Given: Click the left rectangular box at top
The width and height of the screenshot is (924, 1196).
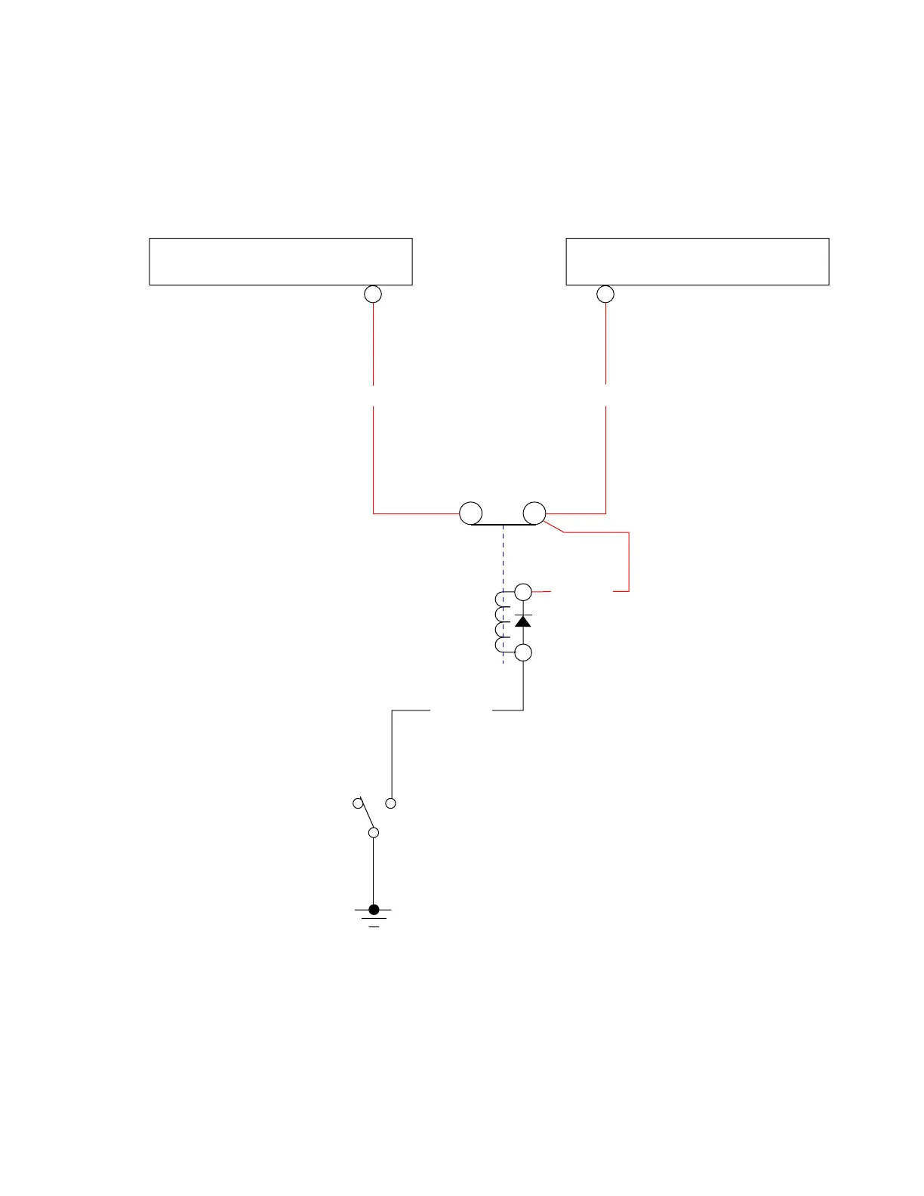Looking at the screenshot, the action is coord(281,261).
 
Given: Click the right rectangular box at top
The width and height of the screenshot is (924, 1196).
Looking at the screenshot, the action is coord(698,261).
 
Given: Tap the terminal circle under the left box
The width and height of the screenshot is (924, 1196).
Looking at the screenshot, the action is coord(373,294).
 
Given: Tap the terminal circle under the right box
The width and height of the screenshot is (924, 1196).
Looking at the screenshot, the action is coord(605,294).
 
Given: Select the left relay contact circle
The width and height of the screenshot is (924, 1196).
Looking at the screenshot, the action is coord(471,513).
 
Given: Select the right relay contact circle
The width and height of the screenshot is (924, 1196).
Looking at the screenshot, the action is coord(534,513).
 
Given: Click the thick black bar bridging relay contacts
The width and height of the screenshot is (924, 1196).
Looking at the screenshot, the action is coord(503,524).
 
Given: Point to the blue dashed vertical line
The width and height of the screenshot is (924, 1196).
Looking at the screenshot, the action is coord(504,559).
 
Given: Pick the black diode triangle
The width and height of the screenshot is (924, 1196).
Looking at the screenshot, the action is coord(523,621).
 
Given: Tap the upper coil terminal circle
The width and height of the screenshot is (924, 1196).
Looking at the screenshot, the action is coord(523,592).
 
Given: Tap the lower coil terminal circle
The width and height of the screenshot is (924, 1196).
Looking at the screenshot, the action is coord(523,652).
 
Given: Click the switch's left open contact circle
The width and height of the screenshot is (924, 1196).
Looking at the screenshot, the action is coord(358,803).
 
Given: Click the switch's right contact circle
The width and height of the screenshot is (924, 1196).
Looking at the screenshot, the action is coord(390,803).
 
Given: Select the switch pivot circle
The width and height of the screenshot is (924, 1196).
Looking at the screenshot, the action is coord(373,832).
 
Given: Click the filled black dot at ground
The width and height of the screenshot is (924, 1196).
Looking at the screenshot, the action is coord(374,909).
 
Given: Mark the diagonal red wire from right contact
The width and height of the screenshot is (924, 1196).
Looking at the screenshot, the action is coord(554,526).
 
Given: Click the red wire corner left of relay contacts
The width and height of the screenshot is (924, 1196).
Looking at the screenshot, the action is coord(374,513).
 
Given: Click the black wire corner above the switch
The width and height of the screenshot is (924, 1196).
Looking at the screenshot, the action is coord(393,711).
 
